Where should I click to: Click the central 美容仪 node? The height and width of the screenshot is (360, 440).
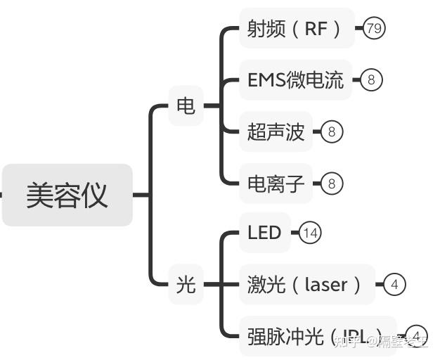pyautogui.click(x=67, y=195)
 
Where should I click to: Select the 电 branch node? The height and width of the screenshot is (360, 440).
pyautogui.click(x=186, y=106)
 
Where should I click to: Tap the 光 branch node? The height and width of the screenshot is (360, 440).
pyautogui.click(x=186, y=285)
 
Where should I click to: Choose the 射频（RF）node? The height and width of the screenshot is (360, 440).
pyautogui.click(x=296, y=29)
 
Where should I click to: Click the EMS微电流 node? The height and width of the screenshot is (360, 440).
pyautogui.click(x=295, y=80)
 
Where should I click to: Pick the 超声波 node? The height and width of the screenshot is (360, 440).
pyautogui.click(x=276, y=131)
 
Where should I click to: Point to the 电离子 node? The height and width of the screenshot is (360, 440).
pyautogui.click(x=276, y=184)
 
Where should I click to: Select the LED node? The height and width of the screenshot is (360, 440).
pyautogui.click(x=264, y=233)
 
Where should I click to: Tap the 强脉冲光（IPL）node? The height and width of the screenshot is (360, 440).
pyautogui.click(x=316, y=336)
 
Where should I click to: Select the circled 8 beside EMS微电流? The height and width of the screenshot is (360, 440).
pyautogui.click(x=371, y=80)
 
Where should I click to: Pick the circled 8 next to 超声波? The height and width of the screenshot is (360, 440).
pyautogui.click(x=332, y=131)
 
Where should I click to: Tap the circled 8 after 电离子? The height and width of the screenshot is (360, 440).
pyautogui.click(x=332, y=184)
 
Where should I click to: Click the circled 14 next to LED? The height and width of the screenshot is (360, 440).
pyautogui.click(x=310, y=233)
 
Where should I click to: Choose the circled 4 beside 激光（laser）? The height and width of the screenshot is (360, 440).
pyautogui.click(x=395, y=285)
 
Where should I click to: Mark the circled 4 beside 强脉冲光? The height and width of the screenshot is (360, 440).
pyautogui.click(x=417, y=335)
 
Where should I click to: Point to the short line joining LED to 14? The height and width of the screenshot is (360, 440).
pyautogui.click(x=295, y=233)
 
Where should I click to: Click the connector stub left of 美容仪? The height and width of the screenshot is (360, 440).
pyautogui.click(x=1, y=195)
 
